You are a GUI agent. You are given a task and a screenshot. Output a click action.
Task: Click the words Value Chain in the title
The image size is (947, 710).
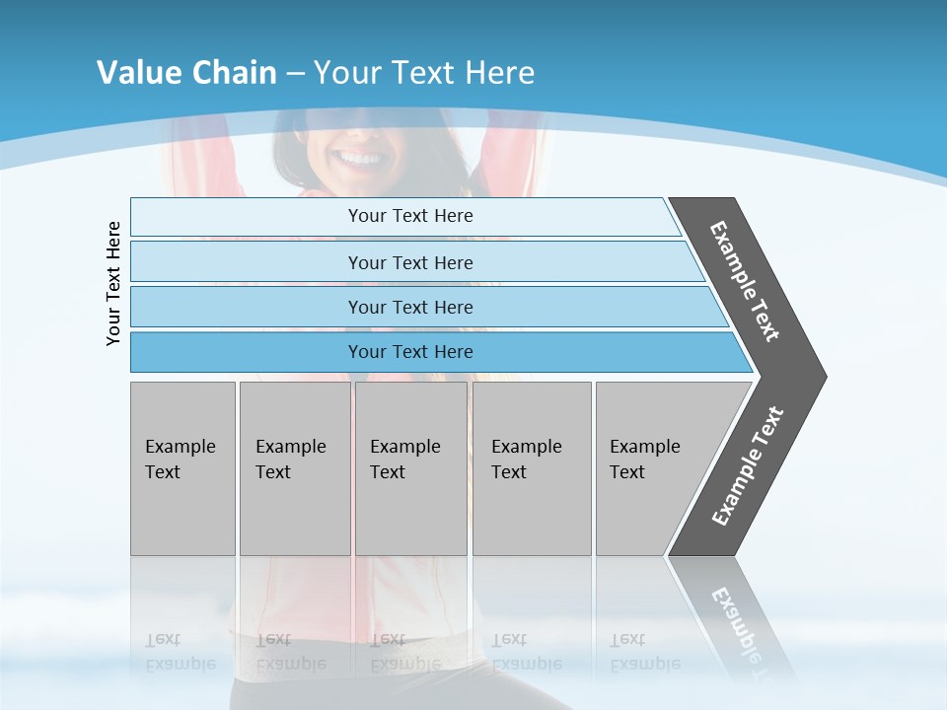pos(186,72)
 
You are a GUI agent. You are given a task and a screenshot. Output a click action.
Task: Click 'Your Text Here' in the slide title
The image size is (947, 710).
pos(424,72)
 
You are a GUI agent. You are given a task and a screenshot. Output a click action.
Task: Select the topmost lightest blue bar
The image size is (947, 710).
pos(410,216)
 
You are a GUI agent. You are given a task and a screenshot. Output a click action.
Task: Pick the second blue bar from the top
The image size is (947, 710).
pos(410,262)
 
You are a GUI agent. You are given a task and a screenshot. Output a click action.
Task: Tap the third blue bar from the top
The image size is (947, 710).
pos(410,307)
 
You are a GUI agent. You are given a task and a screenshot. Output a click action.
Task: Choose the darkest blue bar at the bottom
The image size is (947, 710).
pos(410,352)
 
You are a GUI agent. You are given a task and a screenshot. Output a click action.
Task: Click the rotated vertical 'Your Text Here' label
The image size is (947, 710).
pos(113,283)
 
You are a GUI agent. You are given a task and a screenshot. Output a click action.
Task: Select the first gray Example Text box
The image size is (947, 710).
pos(182,468)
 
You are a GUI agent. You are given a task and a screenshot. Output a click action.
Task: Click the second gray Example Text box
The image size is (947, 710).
pos(294,468)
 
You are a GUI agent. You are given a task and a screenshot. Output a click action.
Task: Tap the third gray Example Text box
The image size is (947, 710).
pos(410,468)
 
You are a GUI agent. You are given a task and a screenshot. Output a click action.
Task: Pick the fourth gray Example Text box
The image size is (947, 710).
pos(531,468)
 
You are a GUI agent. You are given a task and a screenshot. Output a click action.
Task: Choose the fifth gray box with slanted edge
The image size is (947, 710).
pos(651,468)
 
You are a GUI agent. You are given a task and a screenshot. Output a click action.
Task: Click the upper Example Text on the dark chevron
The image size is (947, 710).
pos(745,281)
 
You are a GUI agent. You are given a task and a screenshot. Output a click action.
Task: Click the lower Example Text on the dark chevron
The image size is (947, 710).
pos(748,466)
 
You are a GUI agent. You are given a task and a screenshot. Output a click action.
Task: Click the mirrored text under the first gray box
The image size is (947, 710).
pos(180,652)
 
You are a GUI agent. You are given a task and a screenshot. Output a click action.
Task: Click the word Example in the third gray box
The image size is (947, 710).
pos(404,447)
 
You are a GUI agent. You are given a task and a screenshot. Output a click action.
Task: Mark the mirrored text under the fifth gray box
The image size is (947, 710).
pos(644,652)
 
